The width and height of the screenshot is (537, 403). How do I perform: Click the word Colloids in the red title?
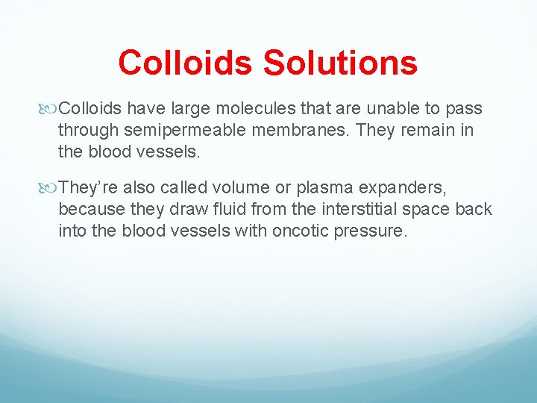186,63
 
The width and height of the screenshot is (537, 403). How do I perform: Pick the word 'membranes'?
307,131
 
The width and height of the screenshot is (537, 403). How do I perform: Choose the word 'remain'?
427,131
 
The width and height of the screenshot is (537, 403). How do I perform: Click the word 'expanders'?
409,185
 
